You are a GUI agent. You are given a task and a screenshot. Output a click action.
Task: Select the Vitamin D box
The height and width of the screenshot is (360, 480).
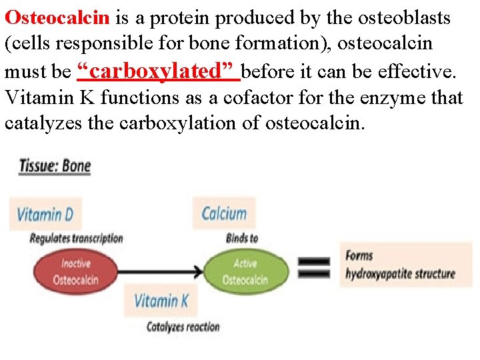pos(45,215)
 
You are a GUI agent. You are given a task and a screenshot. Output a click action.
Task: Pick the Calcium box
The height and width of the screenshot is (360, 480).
pos(225,214)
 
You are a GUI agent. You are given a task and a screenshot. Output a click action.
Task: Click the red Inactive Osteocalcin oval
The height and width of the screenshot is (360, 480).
pos(75,272)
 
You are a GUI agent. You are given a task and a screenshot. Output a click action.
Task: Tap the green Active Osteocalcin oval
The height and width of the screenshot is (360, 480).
pos(244,272)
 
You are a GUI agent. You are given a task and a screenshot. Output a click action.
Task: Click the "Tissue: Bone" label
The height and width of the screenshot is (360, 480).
pos(55,165)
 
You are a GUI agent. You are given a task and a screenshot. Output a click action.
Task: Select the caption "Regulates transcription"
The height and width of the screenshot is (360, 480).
pos(77,238)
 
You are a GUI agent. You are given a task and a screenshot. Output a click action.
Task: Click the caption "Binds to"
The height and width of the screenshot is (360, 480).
pos(242,238)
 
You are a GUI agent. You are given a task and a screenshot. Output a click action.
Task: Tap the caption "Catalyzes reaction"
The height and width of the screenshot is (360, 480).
pos(183,327)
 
